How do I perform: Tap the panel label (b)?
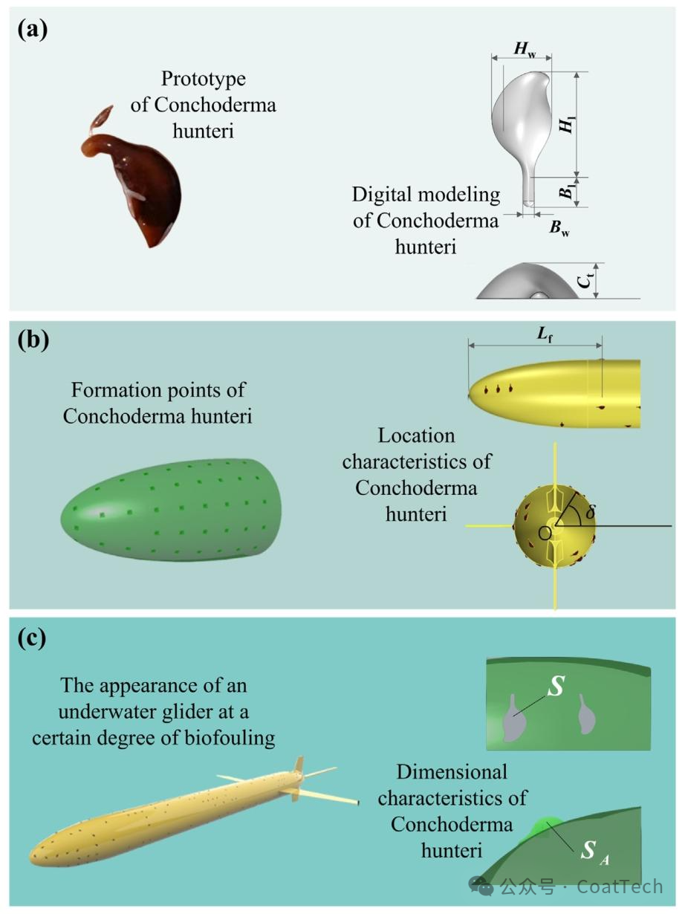point(33,340)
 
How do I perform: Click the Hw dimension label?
point(525,51)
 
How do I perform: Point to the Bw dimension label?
point(559,227)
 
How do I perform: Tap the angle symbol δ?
point(591,512)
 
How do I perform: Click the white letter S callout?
point(556,687)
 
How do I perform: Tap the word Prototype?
point(203,79)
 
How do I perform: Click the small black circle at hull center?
point(545,532)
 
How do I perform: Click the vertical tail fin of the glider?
point(299,767)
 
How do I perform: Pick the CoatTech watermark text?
point(619,886)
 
